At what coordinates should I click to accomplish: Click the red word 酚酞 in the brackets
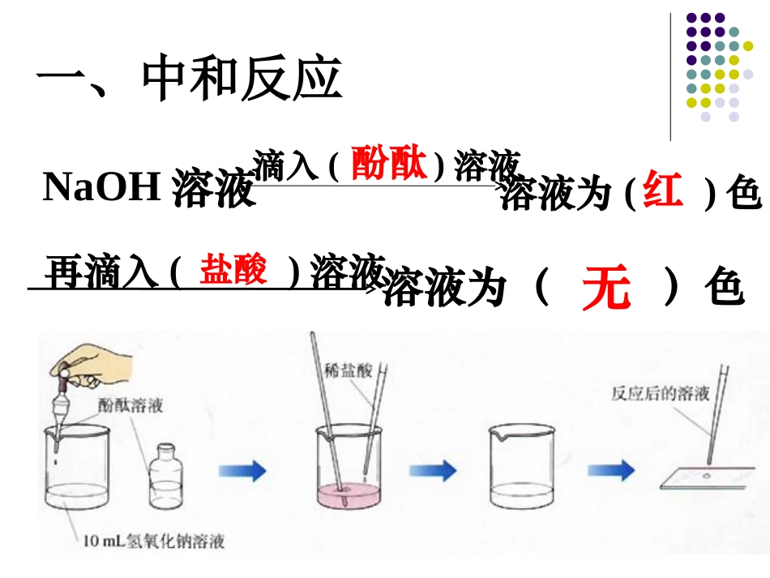click(x=388, y=165)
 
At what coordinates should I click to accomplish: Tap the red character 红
click(x=662, y=192)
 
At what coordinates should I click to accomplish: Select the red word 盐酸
click(x=233, y=269)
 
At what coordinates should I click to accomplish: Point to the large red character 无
click(x=605, y=289)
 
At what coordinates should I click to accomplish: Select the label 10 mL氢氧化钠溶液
click(x=153, y=540)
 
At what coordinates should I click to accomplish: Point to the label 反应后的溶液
click(x=661, y=395)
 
